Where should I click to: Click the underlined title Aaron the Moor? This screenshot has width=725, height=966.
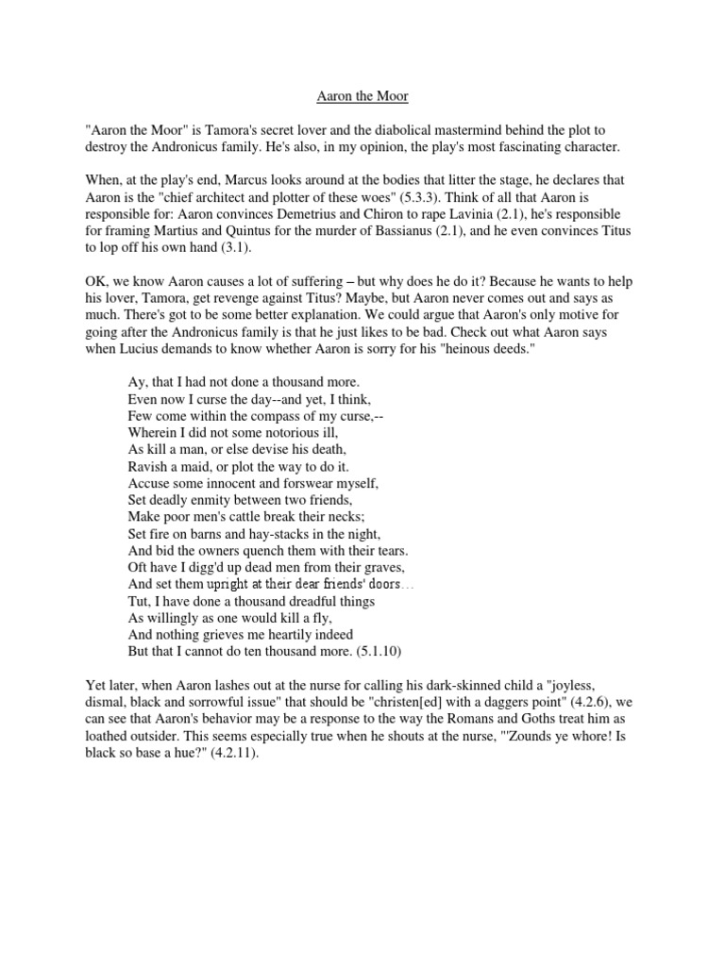coord(362,94)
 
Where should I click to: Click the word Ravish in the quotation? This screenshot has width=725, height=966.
coord(148,463)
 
